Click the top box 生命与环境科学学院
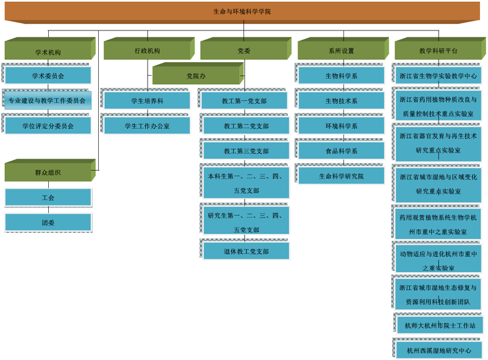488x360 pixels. pos(242,12)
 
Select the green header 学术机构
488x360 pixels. pos(48,51)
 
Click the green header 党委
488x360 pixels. pos(243,51)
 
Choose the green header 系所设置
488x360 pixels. pos(341,51)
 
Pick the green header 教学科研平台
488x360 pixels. pos(439,51)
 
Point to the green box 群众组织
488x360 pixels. pos(48,173)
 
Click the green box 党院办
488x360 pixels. pos(196,76)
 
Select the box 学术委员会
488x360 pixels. pos(48,76)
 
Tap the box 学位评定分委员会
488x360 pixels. pos(48,126)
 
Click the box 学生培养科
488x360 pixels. pos(147,101)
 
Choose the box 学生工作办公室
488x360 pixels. pos(147,126)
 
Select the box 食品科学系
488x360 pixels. pos(341,151)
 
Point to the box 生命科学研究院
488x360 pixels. pos(341,176)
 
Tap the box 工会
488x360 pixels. pos(48,198)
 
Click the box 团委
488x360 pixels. pos(48,223)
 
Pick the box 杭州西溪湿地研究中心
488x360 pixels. pos(439,350)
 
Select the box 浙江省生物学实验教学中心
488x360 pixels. pos(439,76)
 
